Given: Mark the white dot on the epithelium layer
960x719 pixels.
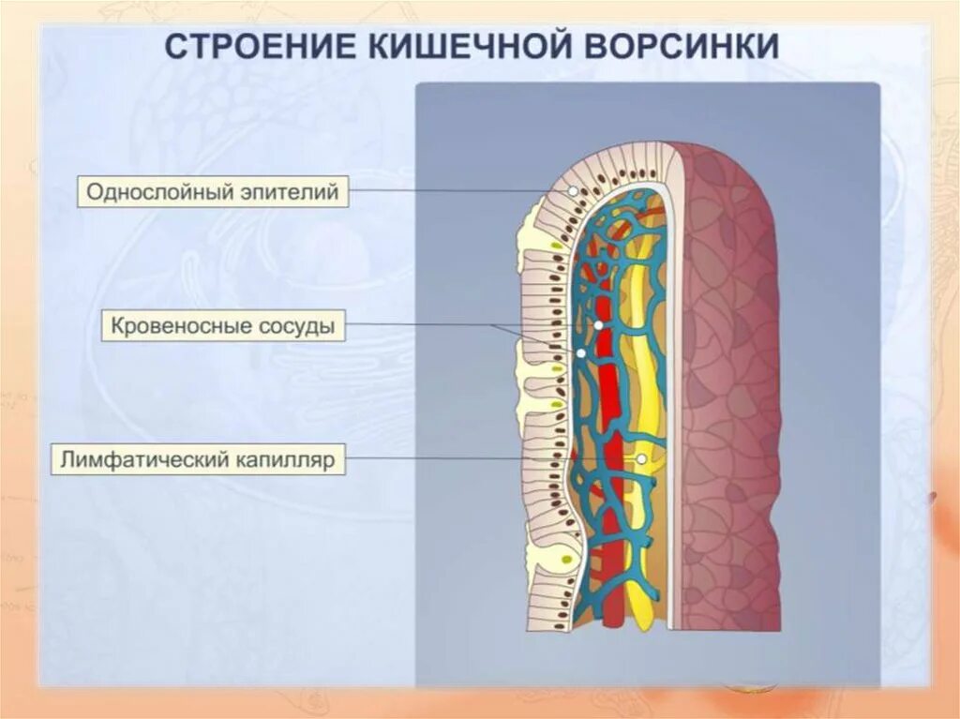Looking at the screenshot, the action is point(573,191).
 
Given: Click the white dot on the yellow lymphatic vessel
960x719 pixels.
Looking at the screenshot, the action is point(641,460).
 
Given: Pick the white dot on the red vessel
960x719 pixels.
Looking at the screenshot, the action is point(598,324).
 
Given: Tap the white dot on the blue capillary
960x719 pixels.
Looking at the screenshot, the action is point(581,353).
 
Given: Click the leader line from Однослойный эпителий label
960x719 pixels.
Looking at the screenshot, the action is point(450,191).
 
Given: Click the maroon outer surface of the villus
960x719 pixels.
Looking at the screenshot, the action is point(731,375).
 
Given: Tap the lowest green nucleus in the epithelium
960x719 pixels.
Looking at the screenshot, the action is point(566,560).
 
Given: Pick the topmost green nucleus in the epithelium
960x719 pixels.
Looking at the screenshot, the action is point(559,246).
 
